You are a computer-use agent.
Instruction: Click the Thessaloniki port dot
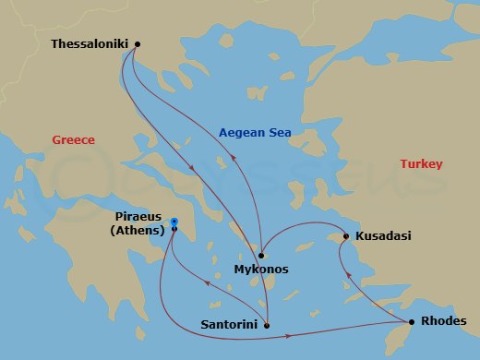coord(138,43)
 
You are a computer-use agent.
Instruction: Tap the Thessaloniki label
coord(90,43)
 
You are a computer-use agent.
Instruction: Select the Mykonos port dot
coord(262,255)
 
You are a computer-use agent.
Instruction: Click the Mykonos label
coord(262,270)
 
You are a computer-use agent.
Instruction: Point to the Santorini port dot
coord(267,325)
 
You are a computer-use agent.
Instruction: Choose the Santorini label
coord(228,325)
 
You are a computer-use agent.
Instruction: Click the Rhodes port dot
coord(411,321)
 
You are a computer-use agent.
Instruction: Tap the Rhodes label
coord(443,321)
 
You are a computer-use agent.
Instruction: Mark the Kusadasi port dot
coord(345,236)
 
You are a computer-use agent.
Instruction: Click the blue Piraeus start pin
coord(174,222)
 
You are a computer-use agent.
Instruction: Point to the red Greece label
coord(74,140)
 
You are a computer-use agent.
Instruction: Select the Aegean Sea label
coord(255,133)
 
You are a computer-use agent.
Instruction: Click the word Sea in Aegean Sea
coord(279,133)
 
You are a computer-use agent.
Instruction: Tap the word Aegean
coord(241,133)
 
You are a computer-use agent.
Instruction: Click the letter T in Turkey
coord(402,164)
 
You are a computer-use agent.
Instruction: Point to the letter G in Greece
coord(56,140)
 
